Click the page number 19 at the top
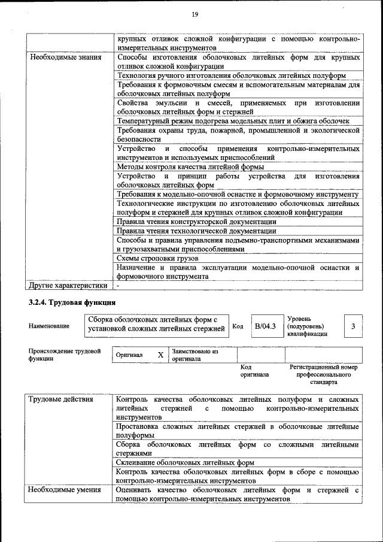(x=195, y=14)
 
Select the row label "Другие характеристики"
(x=67, y=286)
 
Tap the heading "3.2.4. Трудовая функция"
(x=72, y=302)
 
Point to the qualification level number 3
(x=353, y=326)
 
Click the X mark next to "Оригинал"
(x=160, y=355)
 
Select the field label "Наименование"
(x=48, y=326)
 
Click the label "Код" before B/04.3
(x=238, y=326)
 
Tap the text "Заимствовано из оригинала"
(x=195, y=355)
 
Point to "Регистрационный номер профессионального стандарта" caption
(x=324, y=374)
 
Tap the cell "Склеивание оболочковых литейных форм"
(x=185, y=462)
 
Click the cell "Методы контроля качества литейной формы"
(x=190, y=167)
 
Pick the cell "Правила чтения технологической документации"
(x=196, y=231)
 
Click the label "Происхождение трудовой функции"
(x=65, y=355)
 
